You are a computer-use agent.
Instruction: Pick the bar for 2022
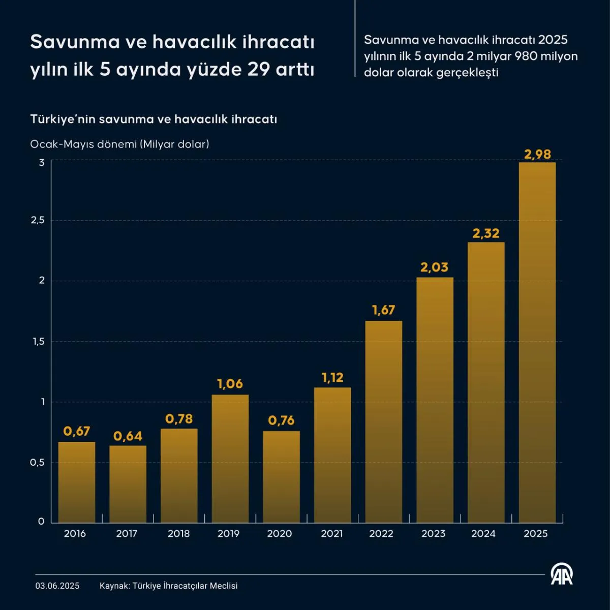tap(384, 421)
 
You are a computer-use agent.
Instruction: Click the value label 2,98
tap(537, 154)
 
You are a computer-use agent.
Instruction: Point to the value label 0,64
tap(128, 436)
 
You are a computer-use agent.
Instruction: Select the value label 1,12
tap(332, 378)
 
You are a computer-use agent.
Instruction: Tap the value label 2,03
tap(434, 267)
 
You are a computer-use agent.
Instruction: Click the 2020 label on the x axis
tap(280, 534)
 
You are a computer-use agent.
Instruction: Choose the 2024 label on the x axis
tap(483, 534)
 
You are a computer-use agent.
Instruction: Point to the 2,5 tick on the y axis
tap(38, 220)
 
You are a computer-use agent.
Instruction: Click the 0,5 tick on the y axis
tap(37, 463)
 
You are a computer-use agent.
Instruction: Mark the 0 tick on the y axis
tap(41, 522)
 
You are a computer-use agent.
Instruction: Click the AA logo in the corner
tap(562, 574)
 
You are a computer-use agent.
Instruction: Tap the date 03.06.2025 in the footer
tap(57, 586)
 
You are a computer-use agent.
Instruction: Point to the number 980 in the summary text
tap(526, 56)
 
